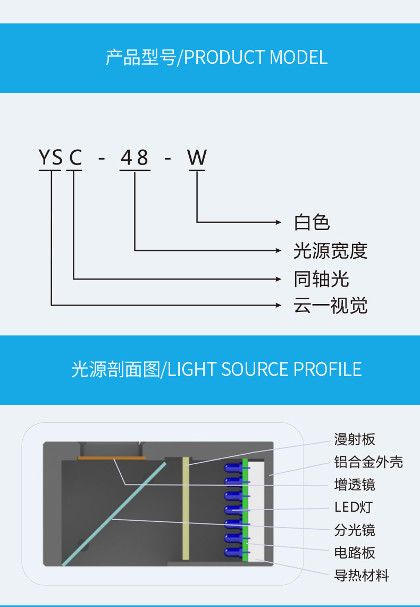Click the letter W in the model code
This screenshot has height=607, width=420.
pos(197,158)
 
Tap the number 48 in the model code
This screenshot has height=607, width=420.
pos(135,158)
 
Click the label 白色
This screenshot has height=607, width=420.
pos(312,222)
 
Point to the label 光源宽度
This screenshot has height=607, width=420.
pos(330,250)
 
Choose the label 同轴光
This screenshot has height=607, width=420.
pos(321,278)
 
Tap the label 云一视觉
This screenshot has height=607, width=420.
pos(330,306)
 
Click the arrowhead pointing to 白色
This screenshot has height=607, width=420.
pos(278,222)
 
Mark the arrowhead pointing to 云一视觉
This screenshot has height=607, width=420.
pos(278,305)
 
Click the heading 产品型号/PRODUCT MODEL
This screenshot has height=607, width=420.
pos(216,58)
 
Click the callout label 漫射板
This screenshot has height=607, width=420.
pos(355,439)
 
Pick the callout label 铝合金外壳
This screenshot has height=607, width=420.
pos(368,462)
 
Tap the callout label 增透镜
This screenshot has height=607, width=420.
pos(355,485)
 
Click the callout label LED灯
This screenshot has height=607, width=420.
pos(353,507)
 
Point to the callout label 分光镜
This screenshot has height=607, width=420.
pos(355,530)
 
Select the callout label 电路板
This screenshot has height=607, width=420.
pos(355,553)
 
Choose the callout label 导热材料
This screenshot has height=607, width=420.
pos(362,576)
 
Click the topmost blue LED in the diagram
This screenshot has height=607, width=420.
pos(233,467)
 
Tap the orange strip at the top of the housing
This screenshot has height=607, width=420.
pos(112,457)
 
